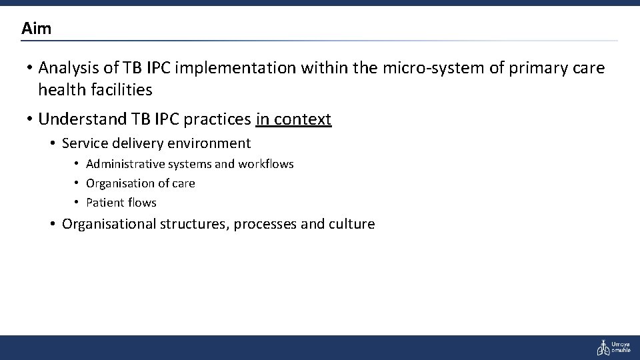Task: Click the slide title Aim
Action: click(x=36, y=29)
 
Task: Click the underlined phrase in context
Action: click(x=293, y=119)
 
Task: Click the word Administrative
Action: click(x=125, y=164)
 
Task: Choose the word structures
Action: click(x=192, y=224)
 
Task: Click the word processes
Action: click(x=266, y=224)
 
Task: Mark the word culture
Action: click(x=351, y=224)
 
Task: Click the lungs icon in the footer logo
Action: click(x=603, y=347)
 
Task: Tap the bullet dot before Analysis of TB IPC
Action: click(x=29, y=68)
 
